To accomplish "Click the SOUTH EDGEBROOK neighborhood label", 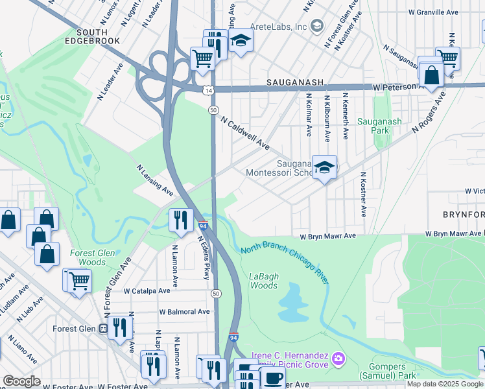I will (x=99, y=36).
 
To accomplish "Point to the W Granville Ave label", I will (x=453, y=12).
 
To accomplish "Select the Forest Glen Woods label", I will (x=92, y=257).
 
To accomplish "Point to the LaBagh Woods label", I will (x=264, y=281).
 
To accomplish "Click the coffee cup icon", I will (x=274, y=378).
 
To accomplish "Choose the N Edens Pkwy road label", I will (x=204, y=248).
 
